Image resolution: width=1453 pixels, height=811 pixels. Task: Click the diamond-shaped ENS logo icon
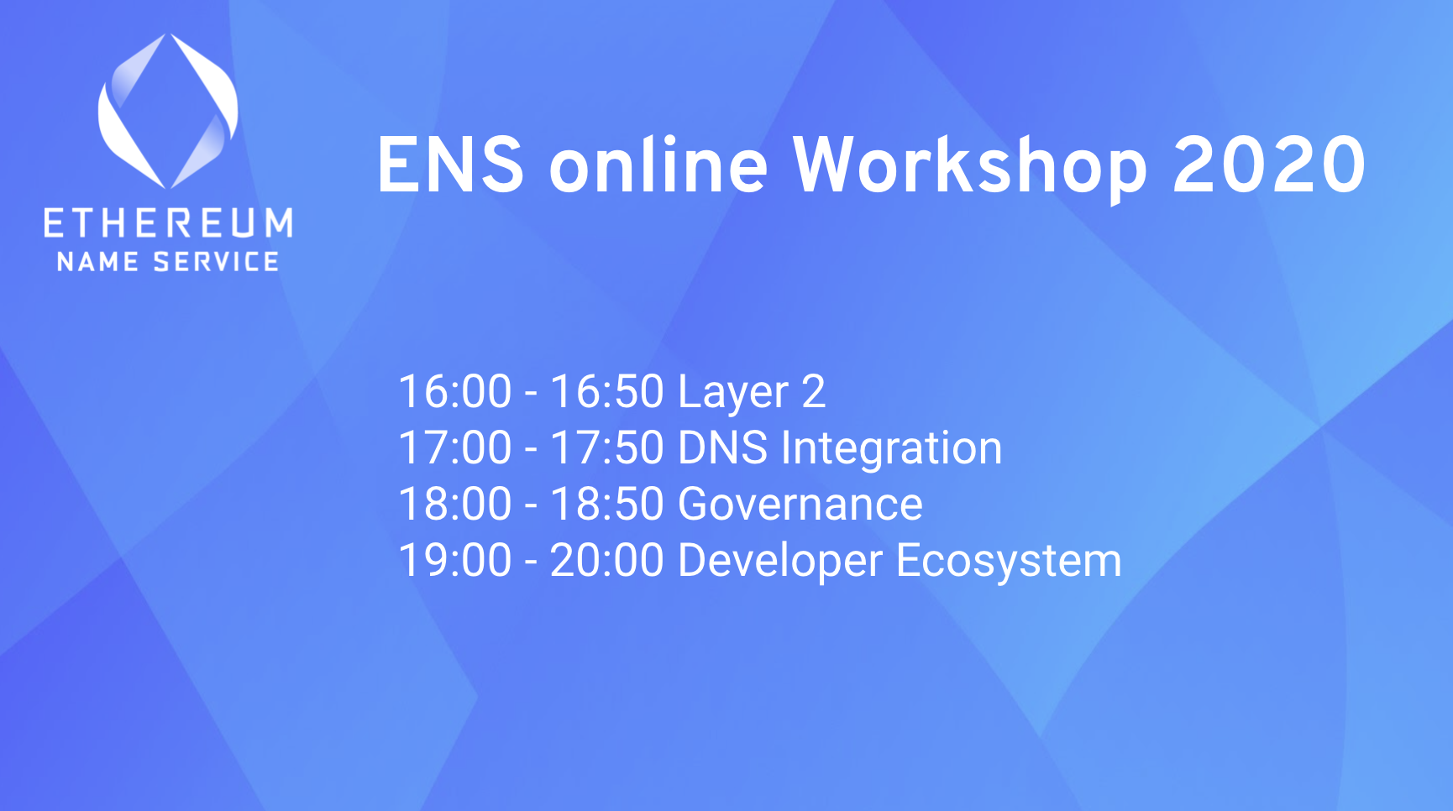point(168,112)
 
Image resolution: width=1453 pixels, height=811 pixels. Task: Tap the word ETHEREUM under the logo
point(168,223)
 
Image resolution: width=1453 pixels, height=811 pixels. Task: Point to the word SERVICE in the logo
point(216,262)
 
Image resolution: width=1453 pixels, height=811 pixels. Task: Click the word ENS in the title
point(451,165)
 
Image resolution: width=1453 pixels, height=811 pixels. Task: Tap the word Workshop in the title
point(970,167)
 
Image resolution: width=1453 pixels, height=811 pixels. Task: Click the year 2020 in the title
point(1269,165)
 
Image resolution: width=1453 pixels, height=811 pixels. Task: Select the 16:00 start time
point(455,392)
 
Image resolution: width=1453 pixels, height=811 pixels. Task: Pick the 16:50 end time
point(607,392)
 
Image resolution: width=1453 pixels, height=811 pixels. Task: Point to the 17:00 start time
point(455,448)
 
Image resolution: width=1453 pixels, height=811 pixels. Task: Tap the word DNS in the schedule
point(722,448)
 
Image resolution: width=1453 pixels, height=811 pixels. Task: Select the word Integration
point(892,449)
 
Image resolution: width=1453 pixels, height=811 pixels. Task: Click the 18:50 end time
point(607,505)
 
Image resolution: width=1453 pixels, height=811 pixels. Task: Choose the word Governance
point(800,505)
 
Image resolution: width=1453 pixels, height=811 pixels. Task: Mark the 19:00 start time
point(455,561)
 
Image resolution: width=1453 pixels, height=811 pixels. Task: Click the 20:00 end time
point(607,561)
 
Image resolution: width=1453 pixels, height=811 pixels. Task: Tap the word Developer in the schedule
point(780,562)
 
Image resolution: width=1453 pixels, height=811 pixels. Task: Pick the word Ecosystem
point(1010,562)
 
